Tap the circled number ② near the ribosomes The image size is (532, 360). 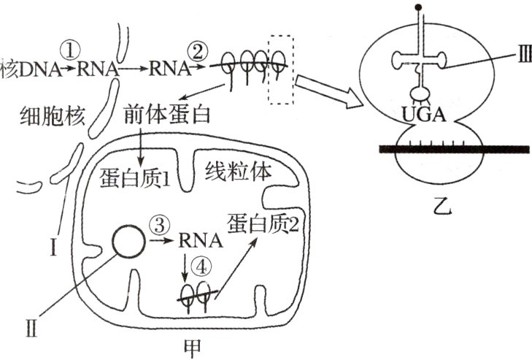coord(197,51)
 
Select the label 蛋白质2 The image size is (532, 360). coord(262,222)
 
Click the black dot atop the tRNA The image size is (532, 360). coord(418,9)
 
